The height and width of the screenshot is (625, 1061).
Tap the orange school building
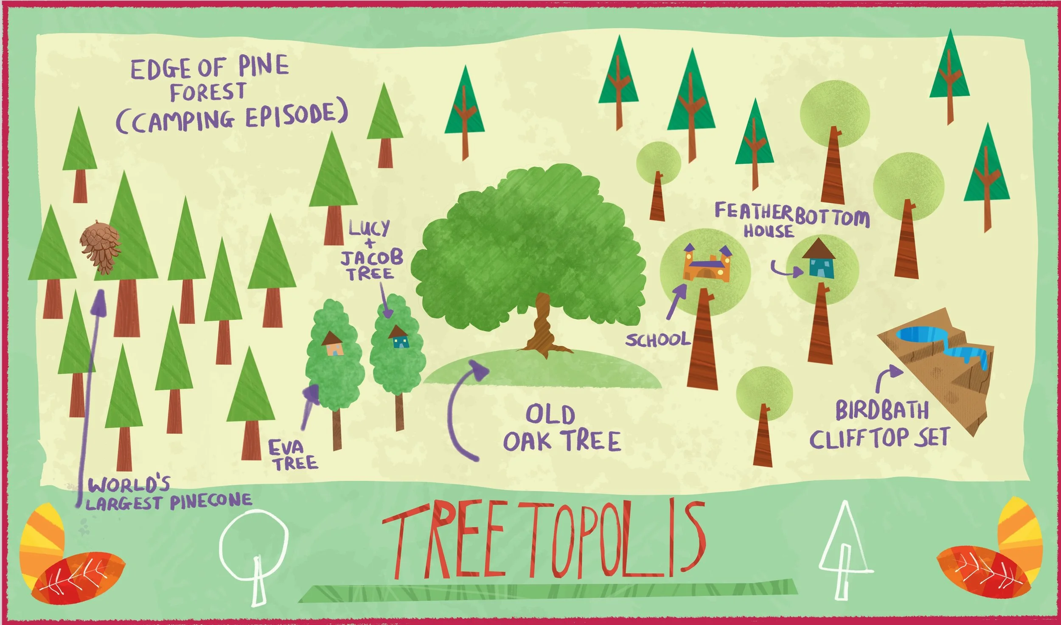(706, 265)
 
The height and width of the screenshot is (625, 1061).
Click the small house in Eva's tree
(333, 344)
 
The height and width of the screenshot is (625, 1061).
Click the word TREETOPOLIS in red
(543, 541)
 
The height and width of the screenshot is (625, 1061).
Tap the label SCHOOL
(657, 340)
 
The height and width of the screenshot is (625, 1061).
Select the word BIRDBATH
(881, 411)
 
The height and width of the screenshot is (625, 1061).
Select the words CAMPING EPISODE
(232, 117)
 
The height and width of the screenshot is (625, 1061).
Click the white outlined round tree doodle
(253, 552)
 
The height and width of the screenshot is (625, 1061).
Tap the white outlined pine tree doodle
(845, 552)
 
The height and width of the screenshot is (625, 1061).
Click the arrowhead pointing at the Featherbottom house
(798, 272)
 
